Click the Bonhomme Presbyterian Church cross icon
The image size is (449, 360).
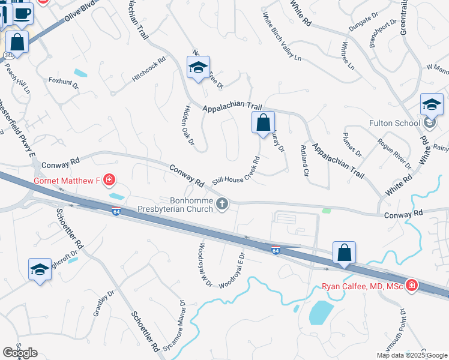(x=222, y=204)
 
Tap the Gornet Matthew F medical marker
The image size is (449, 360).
(x=109, y=179)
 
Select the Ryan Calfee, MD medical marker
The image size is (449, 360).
(x=412, y=286)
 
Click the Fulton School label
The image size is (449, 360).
(x=394, y=124)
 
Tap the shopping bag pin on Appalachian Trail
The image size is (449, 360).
(x=263, y=123)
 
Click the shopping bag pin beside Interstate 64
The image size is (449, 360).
(x=345, y=253)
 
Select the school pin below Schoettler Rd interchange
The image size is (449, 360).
(x=40, y=269)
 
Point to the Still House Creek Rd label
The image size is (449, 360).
(x=236, y=171)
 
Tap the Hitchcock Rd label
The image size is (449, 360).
(x=149, y=70)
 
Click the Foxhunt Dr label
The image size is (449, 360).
(x=64, y=82)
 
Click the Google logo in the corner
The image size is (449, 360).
(x=20, y=352)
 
